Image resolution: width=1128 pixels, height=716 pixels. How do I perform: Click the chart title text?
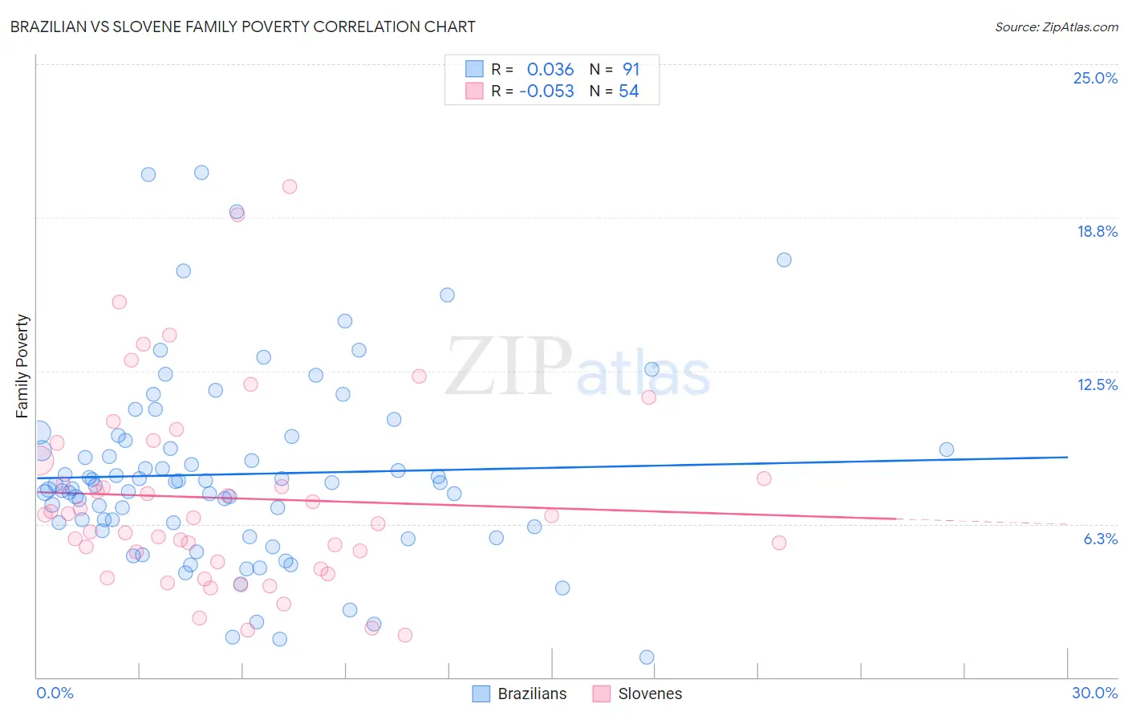tap(242, 26)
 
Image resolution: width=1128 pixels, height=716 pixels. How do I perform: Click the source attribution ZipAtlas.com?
tap(1056, 26)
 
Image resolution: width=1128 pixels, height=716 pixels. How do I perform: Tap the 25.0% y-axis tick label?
tap(1095, 78)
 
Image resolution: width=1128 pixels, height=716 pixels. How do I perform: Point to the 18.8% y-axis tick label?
tap(1097, 231)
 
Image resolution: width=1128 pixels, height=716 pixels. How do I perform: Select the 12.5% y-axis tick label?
tap(1097, 384)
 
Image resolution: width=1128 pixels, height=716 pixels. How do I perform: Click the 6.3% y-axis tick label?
tap(1100, 539)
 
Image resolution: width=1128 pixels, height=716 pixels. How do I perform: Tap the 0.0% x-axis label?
tap(55, 693)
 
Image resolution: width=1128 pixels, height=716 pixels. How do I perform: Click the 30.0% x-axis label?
tap(1094, 693)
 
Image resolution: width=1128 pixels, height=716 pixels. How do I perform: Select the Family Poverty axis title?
tap(22, 366)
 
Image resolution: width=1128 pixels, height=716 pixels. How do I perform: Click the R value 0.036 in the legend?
tap(550, 69)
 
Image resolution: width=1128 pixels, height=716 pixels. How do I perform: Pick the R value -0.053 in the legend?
tap(546, 92)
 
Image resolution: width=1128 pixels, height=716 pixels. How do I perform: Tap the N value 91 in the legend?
tap(631, 69)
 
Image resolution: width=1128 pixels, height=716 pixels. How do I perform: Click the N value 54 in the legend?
tap(628, 92)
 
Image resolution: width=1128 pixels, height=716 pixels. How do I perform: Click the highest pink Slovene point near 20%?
tap(290, 186)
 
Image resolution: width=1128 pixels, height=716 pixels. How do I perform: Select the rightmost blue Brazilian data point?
tap(947, 450)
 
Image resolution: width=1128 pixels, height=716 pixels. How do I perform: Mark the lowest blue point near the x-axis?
tap(647, 657)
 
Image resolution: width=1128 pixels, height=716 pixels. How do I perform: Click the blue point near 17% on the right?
tap(784, 259)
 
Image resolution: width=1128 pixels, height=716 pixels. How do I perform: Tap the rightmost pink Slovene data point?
tap(779, 543)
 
